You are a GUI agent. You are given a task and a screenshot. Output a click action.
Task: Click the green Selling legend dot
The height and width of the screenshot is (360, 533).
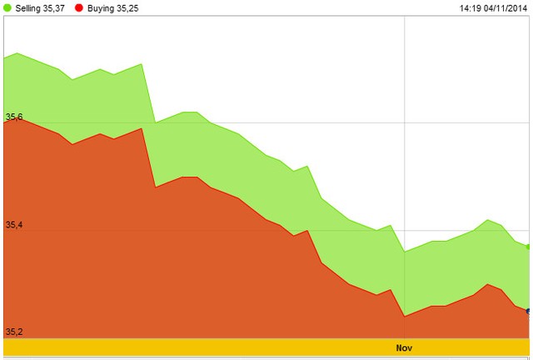pos(7,8)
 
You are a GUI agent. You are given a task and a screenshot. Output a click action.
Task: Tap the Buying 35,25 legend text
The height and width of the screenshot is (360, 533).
pos(112,8)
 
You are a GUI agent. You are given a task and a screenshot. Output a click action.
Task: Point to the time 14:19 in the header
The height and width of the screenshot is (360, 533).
pos(471,8)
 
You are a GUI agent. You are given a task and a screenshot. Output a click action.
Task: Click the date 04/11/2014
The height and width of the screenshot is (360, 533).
pos(507,8)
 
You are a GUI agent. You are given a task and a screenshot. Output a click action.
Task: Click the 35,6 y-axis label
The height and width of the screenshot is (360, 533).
pos(13,117)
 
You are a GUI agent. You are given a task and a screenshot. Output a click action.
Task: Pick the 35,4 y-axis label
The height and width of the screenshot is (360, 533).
pos(13,225)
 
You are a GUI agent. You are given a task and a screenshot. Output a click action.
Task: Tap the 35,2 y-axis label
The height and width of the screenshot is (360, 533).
pos(13,332)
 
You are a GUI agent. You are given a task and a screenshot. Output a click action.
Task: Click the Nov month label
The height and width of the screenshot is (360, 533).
pos(404,347)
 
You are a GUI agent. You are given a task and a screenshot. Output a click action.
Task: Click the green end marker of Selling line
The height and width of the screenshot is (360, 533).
pos(529,247)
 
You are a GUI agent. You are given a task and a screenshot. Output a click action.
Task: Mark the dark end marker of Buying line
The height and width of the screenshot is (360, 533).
pos(529,311)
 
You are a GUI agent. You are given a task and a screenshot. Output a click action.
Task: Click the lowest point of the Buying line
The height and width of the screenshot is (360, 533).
pos(404,316)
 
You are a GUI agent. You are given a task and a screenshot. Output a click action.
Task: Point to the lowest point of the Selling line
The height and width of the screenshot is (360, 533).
pos(404,251)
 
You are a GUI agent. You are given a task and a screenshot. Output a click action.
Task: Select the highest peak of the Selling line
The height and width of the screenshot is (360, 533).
pos(17,53)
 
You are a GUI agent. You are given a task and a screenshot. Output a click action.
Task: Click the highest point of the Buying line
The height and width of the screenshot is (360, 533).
pos(17,117)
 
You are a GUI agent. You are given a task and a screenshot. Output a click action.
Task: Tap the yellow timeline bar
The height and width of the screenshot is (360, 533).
pos(250,347)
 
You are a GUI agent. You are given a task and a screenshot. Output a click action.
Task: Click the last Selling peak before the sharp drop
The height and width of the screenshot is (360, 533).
pos(142,64)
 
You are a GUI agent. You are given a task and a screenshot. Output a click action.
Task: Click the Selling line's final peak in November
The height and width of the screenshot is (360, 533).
pos(488,219)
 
